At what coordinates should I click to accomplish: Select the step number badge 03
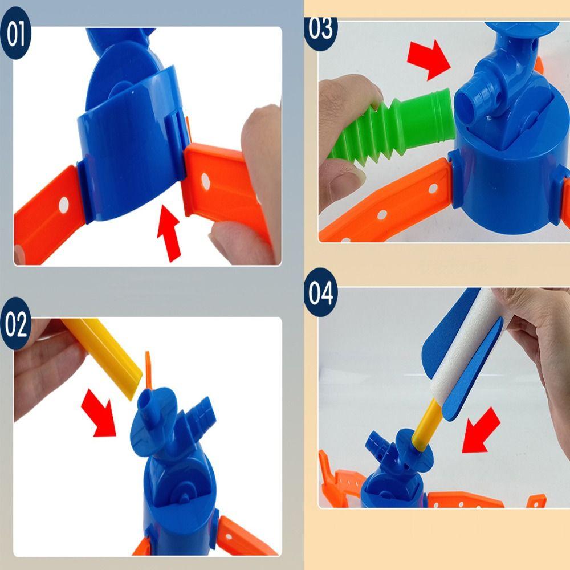pyautogui.click(x=321, y=28)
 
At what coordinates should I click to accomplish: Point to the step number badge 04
pyautogui.click(x=320, y=294)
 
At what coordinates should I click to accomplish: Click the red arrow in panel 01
pyautogui.click(x=170, y=234)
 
